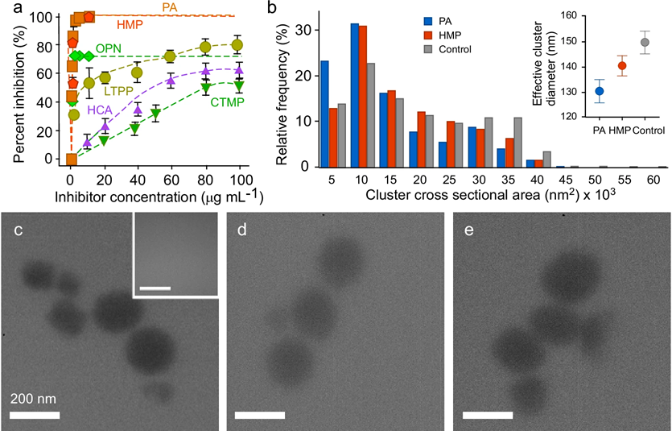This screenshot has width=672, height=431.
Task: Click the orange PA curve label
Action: click(x=170, y=7)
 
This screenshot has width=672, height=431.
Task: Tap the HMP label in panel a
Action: click(x=130, y=25)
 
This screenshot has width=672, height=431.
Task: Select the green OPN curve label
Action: click(x=109, y=48)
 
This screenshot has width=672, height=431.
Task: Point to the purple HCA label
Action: click(x=100, y=110)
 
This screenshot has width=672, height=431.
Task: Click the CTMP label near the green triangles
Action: click(x=227, y=102)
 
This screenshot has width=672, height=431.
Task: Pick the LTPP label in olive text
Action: click(x=117, y=90)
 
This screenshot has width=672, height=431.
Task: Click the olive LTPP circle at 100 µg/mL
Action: click(x=237, y=44)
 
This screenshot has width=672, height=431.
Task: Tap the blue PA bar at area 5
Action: click(x=325, y=114)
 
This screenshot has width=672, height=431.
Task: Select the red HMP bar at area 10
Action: click(x=363, y=97)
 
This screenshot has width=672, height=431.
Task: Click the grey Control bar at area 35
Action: click(x=517, y=142)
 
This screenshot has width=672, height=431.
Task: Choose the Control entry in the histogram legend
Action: click(x=455, y=49)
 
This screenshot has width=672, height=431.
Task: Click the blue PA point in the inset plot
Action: click(x=599, y=91)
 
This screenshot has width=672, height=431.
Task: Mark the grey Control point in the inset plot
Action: click(x=645, y=43)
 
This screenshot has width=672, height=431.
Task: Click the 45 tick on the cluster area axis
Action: click(x=566, y=180)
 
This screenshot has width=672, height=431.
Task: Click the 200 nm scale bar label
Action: click(x=33, y=399)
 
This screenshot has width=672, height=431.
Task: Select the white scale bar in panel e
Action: click(x=488, y=415)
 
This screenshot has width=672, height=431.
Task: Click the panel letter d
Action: click(x=241, y=230)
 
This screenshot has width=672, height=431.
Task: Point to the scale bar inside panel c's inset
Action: click(x=155, y=288)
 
